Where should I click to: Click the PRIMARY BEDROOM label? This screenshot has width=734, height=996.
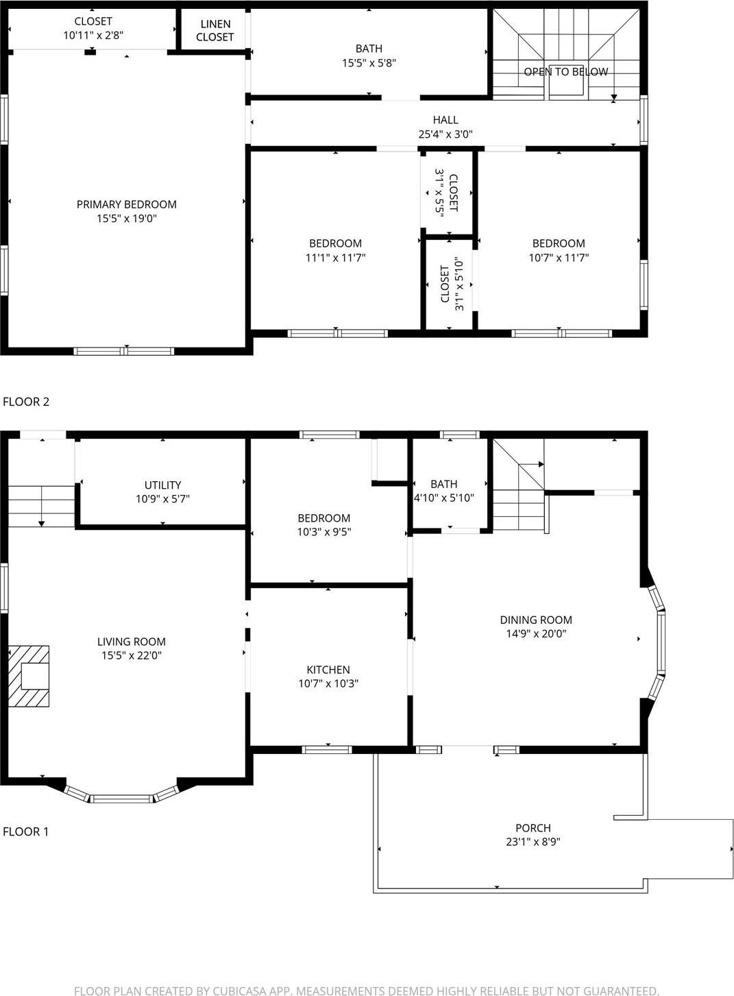click(x=126, y=204)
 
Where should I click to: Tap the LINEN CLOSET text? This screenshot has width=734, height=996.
click(x=215, y=31)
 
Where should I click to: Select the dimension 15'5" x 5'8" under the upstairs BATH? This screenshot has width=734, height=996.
click(x=369, y=63)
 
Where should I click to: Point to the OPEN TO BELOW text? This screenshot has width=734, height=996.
click(x=565, y=72)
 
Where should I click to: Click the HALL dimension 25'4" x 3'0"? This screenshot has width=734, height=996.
click(x=445, y=134)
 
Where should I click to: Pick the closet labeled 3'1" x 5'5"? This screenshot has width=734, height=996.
click(x=446, y=193)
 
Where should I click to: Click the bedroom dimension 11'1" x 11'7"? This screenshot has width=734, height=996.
click(x=335, y=258)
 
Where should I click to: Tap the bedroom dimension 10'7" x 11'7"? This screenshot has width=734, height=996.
click(x=559, y=258)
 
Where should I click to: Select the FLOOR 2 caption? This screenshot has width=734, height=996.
click(x=26, y=402)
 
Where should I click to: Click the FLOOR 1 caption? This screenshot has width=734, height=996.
click(x=26, y=831)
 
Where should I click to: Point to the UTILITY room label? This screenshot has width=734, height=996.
click(x=162, y=485)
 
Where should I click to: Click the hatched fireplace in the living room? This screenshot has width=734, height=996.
click(x=29, y=676)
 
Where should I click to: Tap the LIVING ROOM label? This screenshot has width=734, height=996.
click(x=131, y=642)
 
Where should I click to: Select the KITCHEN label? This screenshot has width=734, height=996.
click(x=328, y=670)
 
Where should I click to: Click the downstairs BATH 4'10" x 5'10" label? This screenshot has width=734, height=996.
click(x=443, y=491)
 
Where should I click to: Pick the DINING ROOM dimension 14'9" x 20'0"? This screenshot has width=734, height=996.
click(x=536, y=634)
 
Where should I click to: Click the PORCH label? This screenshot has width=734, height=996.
click(x=533, y=828)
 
